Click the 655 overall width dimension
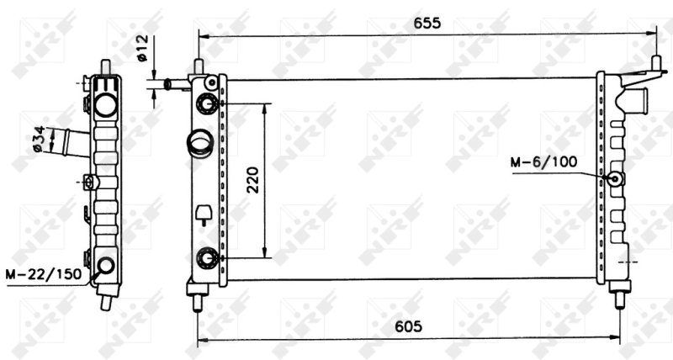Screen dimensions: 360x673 click(x=427, y=23)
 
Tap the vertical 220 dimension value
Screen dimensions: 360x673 click(x=252, y=179)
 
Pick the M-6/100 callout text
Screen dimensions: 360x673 click(x=543, y=161)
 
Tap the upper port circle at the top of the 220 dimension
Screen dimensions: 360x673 click(x=206, y=103)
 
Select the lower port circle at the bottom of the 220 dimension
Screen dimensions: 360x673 click(x=206, y=257)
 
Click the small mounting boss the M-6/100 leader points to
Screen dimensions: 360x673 click(x=615, y=179)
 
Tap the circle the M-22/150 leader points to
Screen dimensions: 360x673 click(x=105, y=266)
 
